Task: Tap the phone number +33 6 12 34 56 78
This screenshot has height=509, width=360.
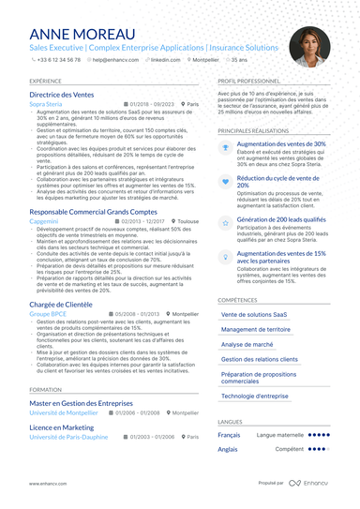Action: coord(59,59)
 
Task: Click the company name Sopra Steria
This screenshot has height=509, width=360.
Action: coord(47,104)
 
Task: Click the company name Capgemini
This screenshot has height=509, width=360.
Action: coord(45,222)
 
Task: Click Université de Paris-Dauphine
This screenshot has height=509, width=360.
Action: coord(68,437)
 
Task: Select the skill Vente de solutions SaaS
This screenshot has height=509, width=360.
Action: coord(255,314)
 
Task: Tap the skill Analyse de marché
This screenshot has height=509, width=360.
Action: coord(247,344)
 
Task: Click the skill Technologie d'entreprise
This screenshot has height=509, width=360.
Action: coord(256,396)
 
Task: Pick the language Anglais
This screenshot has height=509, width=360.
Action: coord(228,449)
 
